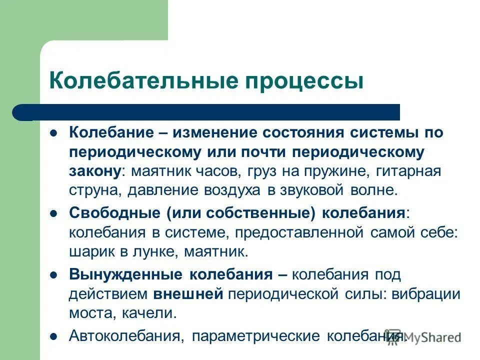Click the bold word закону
94,171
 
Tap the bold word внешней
188,293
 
